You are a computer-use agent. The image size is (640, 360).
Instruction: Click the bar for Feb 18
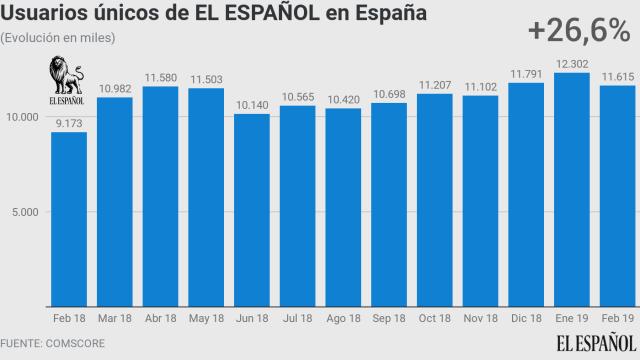[69, 220]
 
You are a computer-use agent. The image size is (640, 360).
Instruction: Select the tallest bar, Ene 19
[573, 190]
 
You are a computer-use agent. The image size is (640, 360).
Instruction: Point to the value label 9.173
[69, 123]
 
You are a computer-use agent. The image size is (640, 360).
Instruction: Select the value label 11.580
[160, 77]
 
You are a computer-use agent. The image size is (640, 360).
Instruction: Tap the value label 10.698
[389, 94]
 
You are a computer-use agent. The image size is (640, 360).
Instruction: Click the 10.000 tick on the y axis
[22, 116]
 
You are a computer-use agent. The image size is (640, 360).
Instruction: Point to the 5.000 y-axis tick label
[25, 212]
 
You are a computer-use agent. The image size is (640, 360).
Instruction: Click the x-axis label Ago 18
[343, 319]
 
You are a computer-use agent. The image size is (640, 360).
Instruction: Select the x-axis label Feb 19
[618, 319]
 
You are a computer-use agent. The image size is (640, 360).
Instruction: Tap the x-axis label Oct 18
[435, 319]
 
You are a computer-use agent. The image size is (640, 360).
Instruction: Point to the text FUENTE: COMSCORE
[52, 343]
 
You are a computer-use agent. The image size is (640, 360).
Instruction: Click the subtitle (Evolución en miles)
[58, 38]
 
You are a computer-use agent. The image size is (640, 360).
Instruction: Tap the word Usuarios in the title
[44, 14]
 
